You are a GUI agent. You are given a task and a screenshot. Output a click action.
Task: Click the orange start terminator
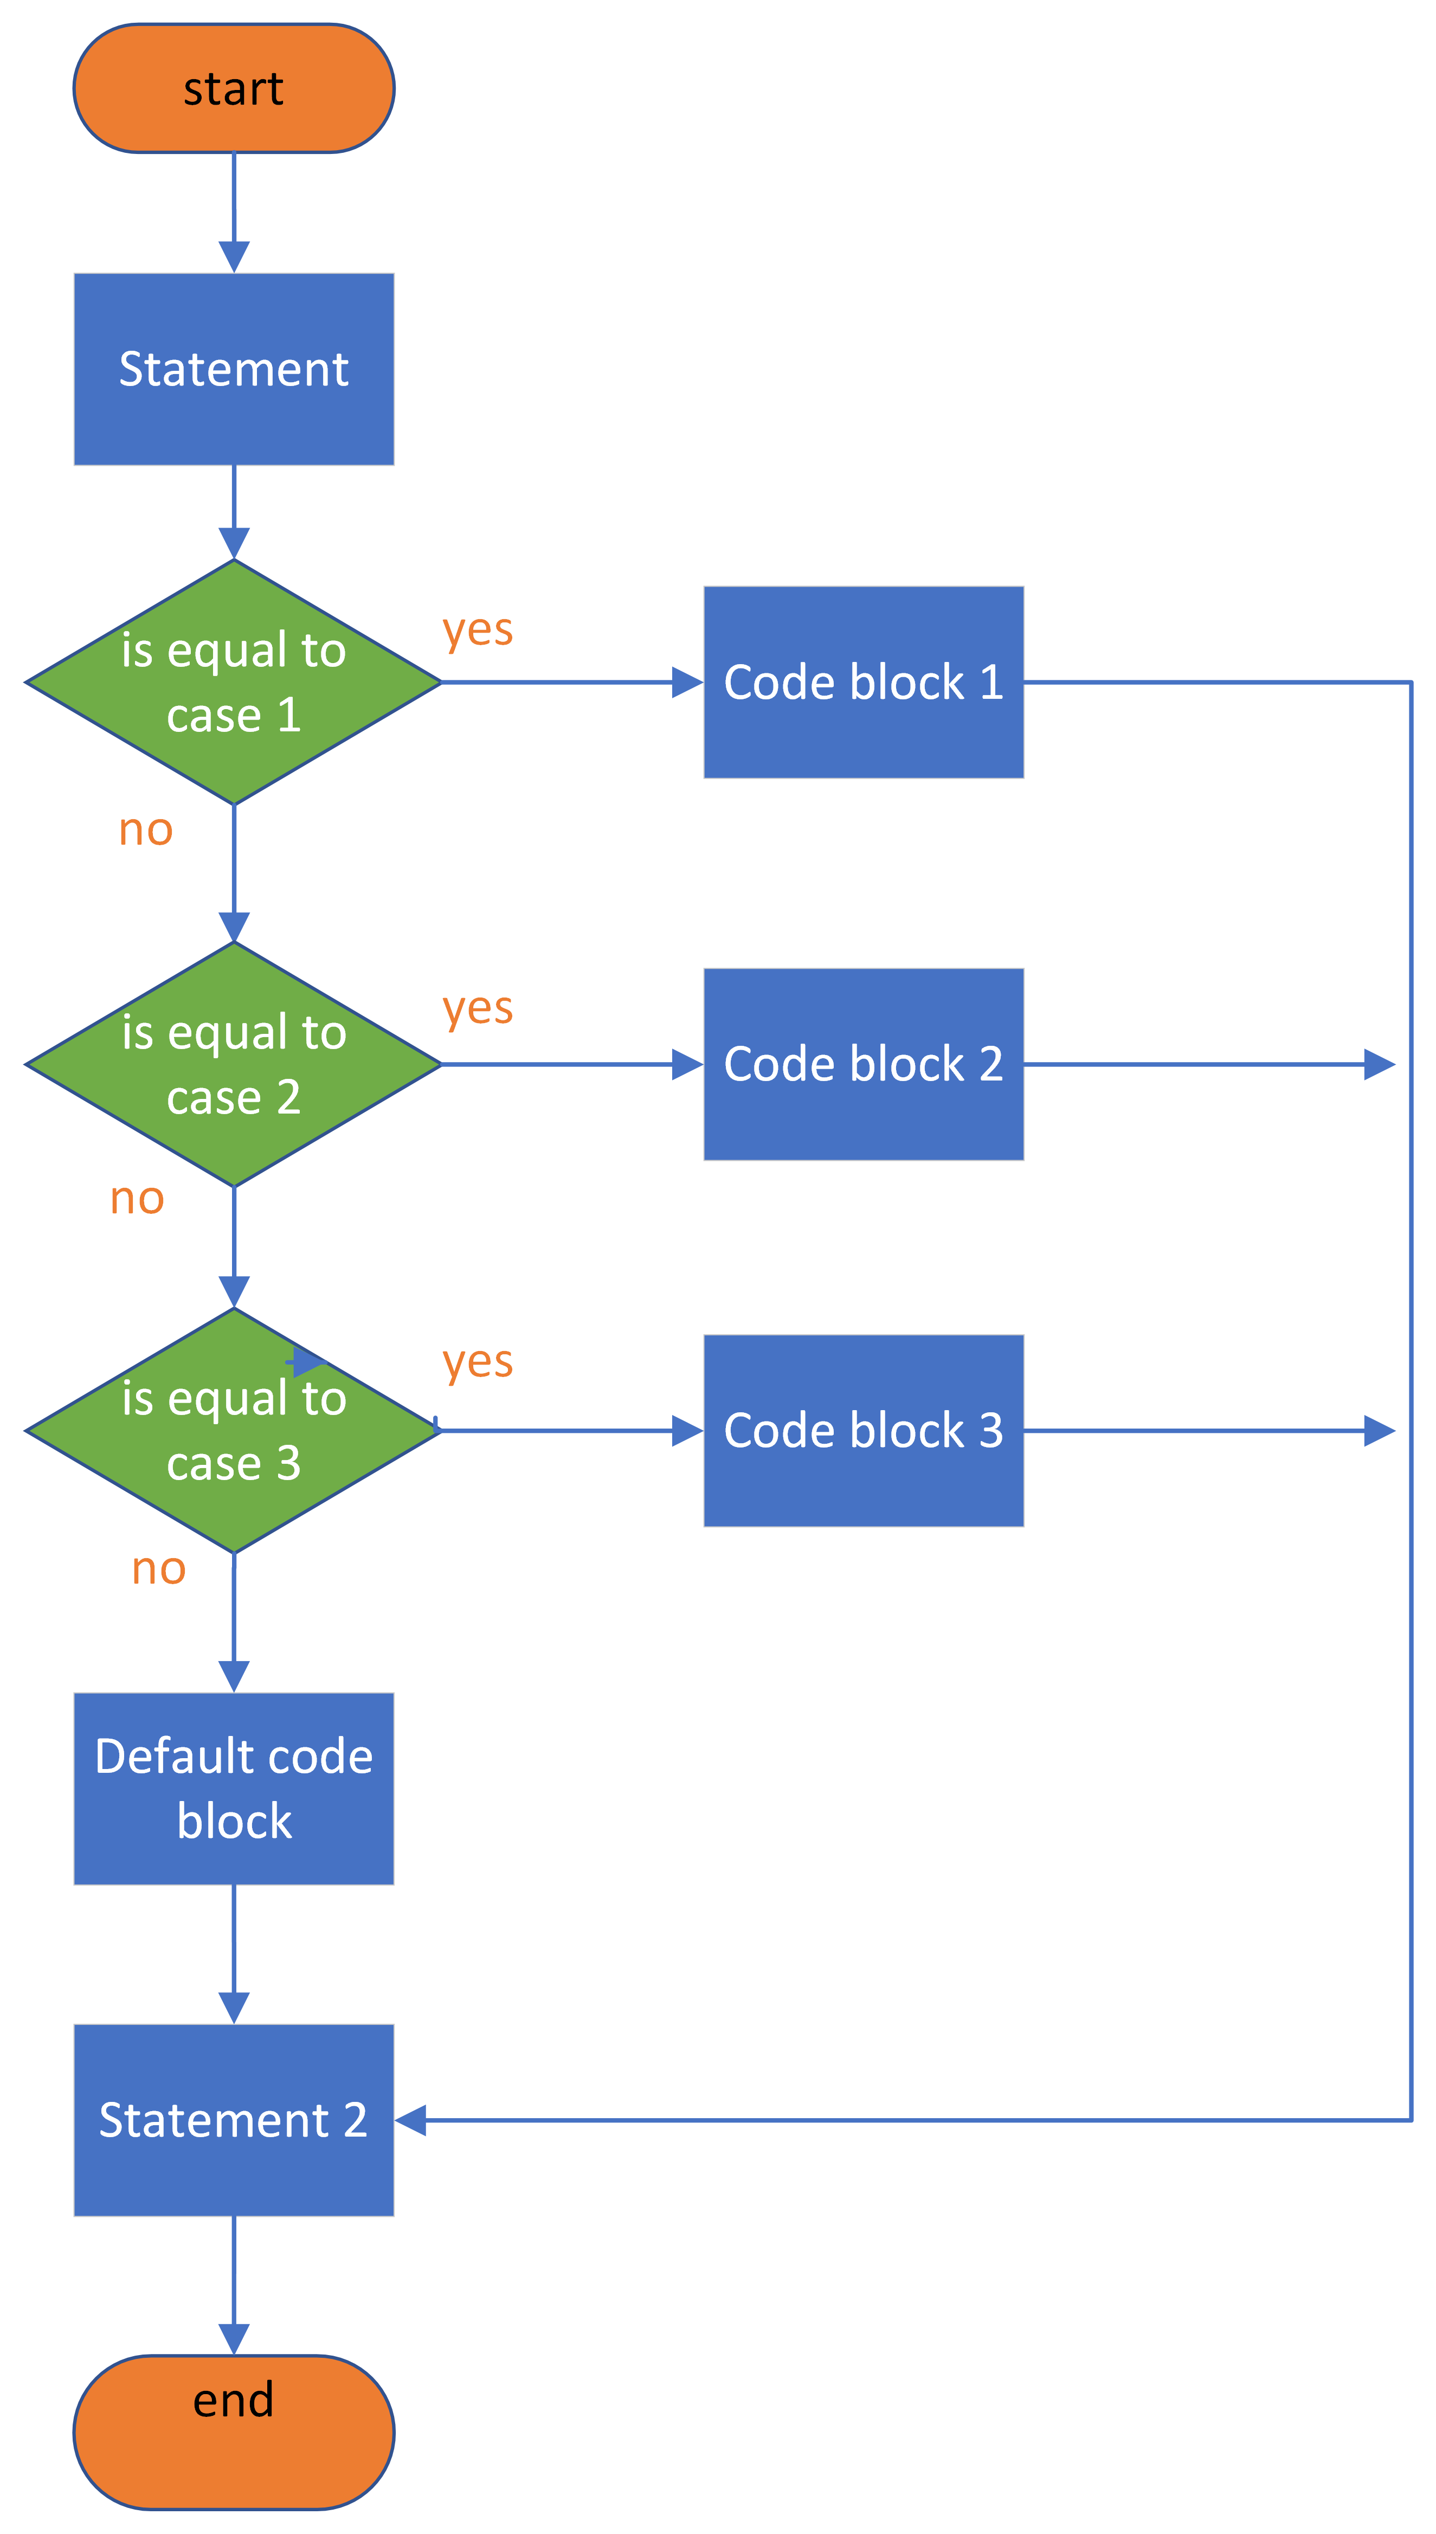[234, 89]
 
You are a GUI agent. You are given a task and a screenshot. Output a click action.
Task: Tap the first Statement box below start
[234, 369]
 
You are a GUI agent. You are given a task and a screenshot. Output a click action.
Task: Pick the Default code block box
[234, 1789]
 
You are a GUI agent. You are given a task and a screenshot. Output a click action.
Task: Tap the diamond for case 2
[234, 1064]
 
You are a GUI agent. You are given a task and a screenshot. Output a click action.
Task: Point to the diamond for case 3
[234, 1430]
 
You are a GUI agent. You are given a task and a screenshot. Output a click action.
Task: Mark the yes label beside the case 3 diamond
[478, 1362]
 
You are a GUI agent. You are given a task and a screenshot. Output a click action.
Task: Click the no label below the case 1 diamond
[146, 831]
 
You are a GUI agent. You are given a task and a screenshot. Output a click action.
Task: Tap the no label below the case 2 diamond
[137, 1199]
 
